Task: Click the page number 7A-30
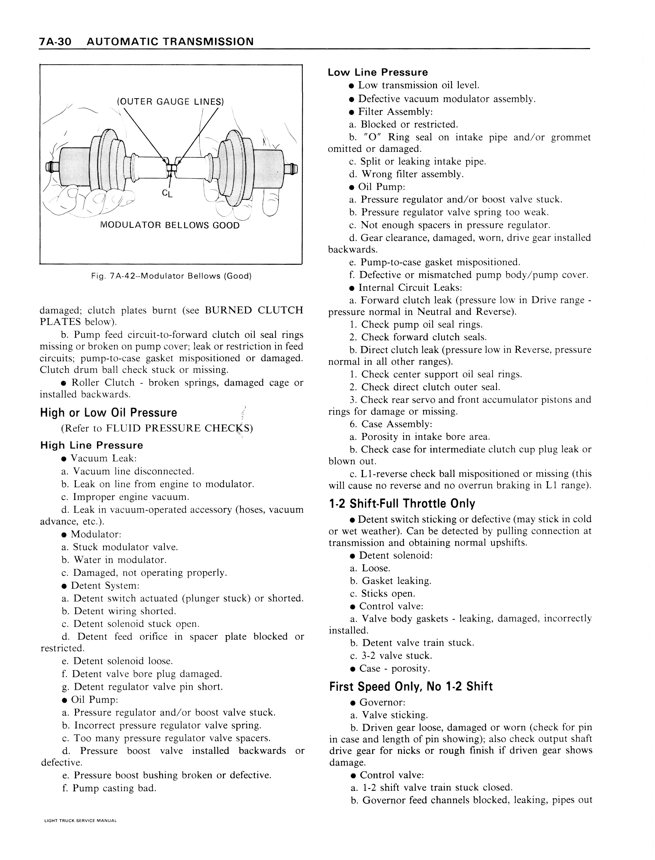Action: click(x=55, y=41)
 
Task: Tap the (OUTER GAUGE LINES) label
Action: click(x=171, y=102)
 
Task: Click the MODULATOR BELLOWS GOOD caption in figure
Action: click(x=170, y=226)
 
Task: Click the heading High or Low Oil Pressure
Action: click(x=108, y=413)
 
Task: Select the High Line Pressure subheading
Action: click(x=92, y=445)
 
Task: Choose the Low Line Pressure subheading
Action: click(x=378, y=73)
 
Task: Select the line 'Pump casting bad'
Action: click(x=109, y=788)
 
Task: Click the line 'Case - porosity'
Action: click(x=394, y=669)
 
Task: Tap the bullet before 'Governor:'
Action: click(x=353, y=703)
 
